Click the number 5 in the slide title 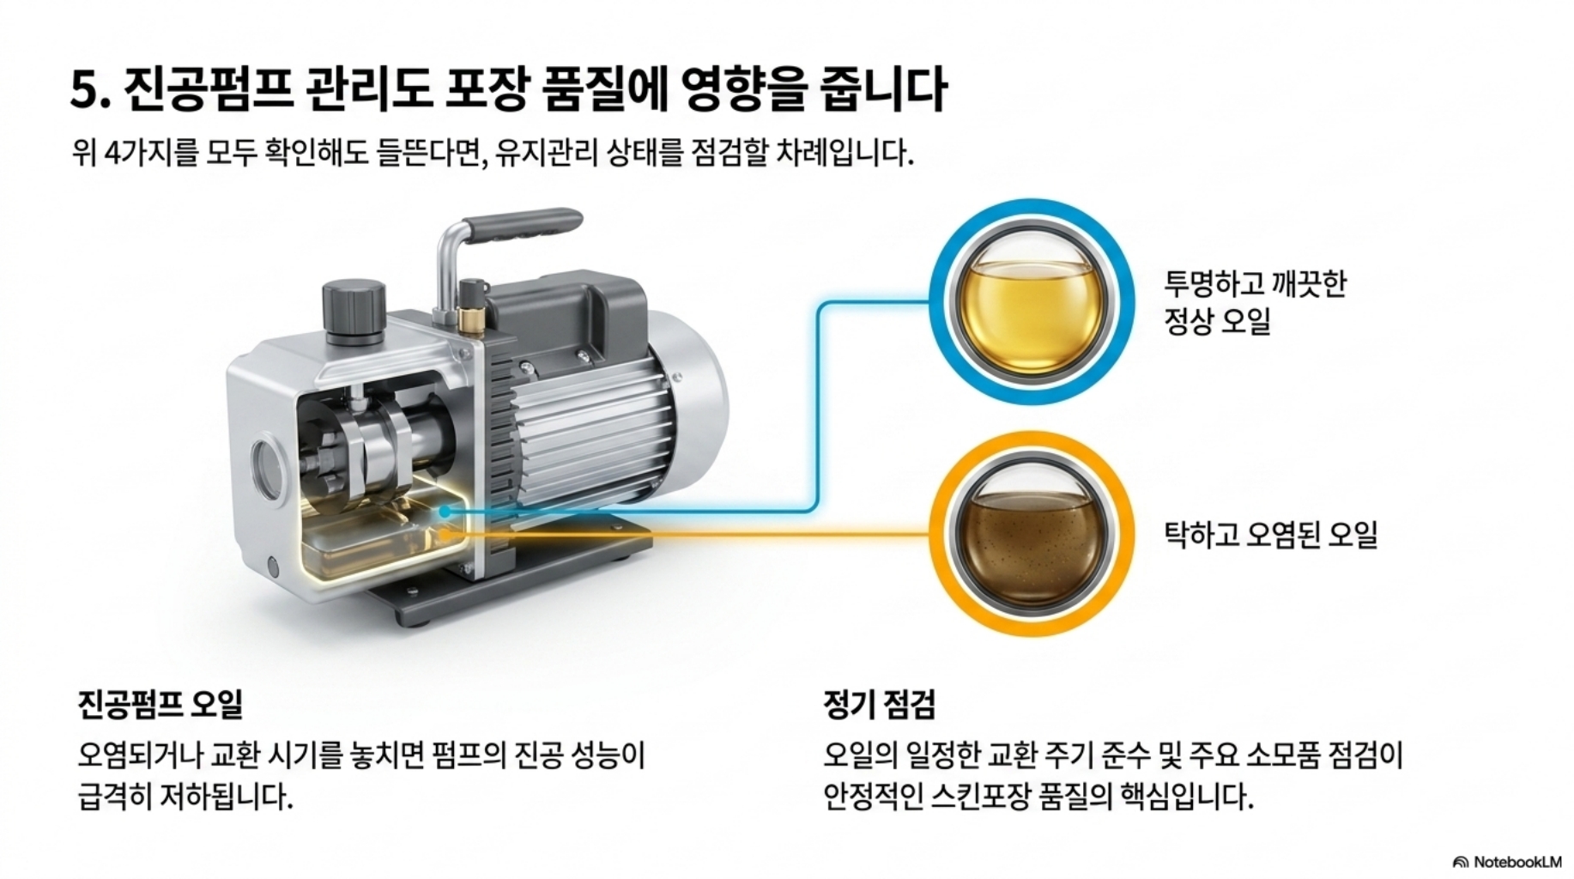click(85, 88)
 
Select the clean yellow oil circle click(1031, 302)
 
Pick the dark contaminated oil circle click(1031, 534)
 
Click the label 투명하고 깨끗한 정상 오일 click(1255, 302)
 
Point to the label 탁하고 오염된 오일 click(1270, 534)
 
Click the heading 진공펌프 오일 click(160, 704)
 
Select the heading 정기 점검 click(879, 704)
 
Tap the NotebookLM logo click(1507, 861)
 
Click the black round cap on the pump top click(353, 305)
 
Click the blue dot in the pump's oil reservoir click(445, 511)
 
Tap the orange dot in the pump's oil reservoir click(445, 535)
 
